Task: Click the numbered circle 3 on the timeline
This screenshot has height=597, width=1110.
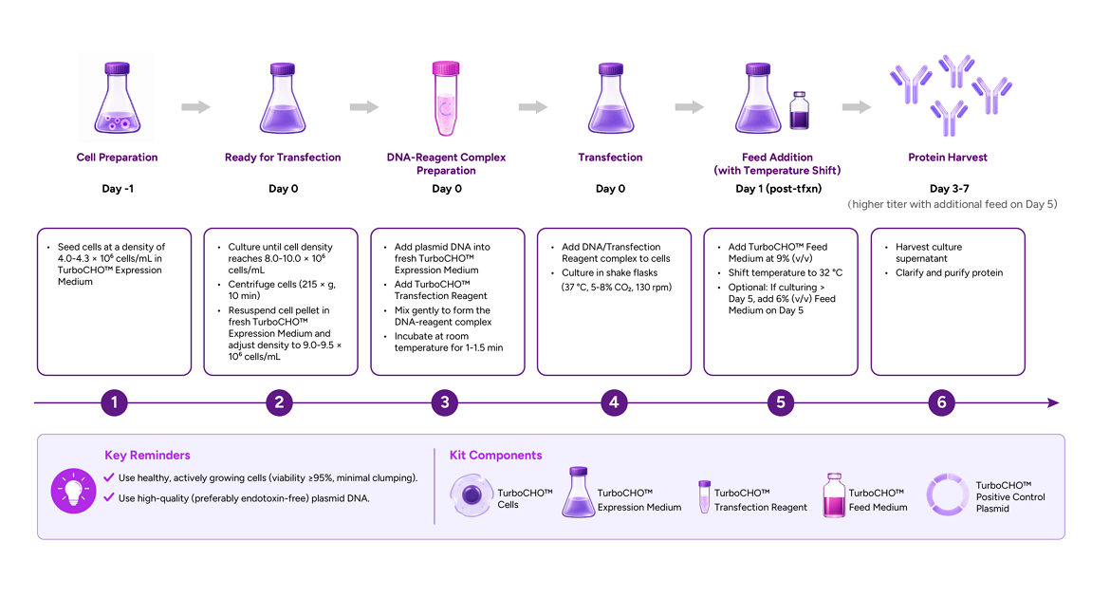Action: (445, 402)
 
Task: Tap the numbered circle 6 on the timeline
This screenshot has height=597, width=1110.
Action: (941, 402)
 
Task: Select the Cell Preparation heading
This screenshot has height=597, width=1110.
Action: (117, 158)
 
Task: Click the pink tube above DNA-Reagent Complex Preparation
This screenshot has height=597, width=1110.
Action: (446, 99)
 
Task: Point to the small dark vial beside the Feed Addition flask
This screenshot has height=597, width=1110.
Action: (799, 110)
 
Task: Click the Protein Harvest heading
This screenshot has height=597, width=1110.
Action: (947, 158)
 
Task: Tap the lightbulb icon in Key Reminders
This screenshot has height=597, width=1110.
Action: (73, 491)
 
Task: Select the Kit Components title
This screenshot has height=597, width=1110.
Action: (495, 456)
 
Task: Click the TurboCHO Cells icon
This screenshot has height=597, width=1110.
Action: (471, 495)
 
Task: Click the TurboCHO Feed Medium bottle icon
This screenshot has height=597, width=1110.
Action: (834, 495)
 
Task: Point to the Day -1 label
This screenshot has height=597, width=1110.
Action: (118, 188)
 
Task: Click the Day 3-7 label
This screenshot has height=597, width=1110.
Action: (949, 188)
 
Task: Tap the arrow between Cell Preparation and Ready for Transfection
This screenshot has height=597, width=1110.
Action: (195, 107)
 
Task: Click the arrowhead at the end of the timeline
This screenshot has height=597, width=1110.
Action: (1053, 403)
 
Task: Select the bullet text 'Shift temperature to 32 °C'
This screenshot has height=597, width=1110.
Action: (786, 272)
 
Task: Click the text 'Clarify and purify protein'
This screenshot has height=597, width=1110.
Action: (949, 272)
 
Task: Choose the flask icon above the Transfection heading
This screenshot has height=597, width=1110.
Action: (610, 99)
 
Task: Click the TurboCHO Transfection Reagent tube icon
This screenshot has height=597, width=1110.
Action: (704, 496)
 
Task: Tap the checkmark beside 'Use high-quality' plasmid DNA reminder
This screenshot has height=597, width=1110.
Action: (109, 497)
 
